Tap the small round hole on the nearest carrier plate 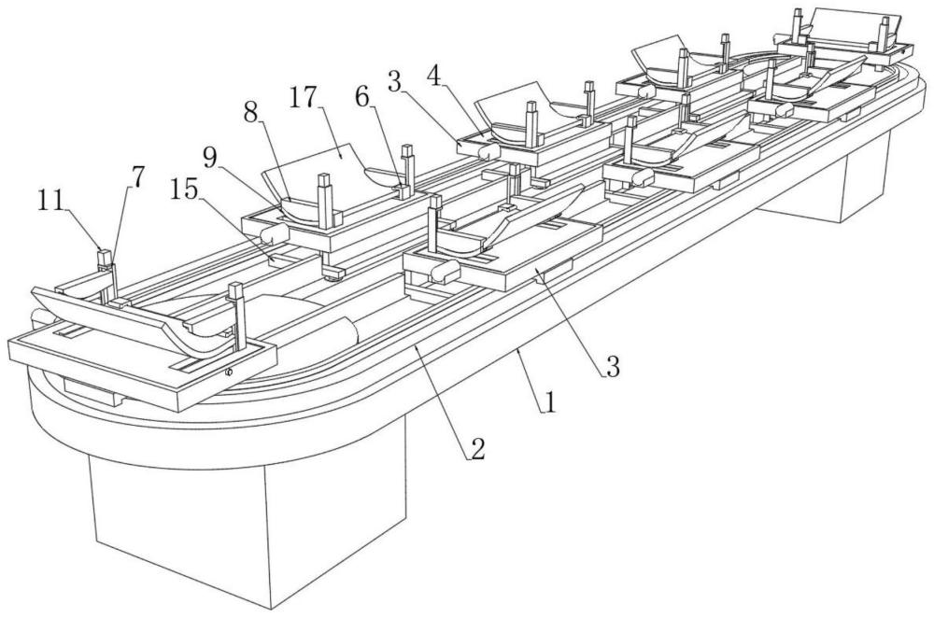[228, 372]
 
